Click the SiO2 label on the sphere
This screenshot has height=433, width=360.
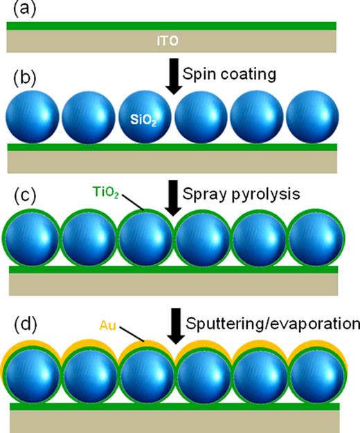pyautogui.click(x=144, y=120)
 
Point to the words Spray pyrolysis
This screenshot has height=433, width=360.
pyautogui.click(x=240, y=194)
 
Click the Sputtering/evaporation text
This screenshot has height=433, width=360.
pyautogui.click(x=273, y=322)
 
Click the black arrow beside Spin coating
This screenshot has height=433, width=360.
pyautogui.click(x=173, y=79)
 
